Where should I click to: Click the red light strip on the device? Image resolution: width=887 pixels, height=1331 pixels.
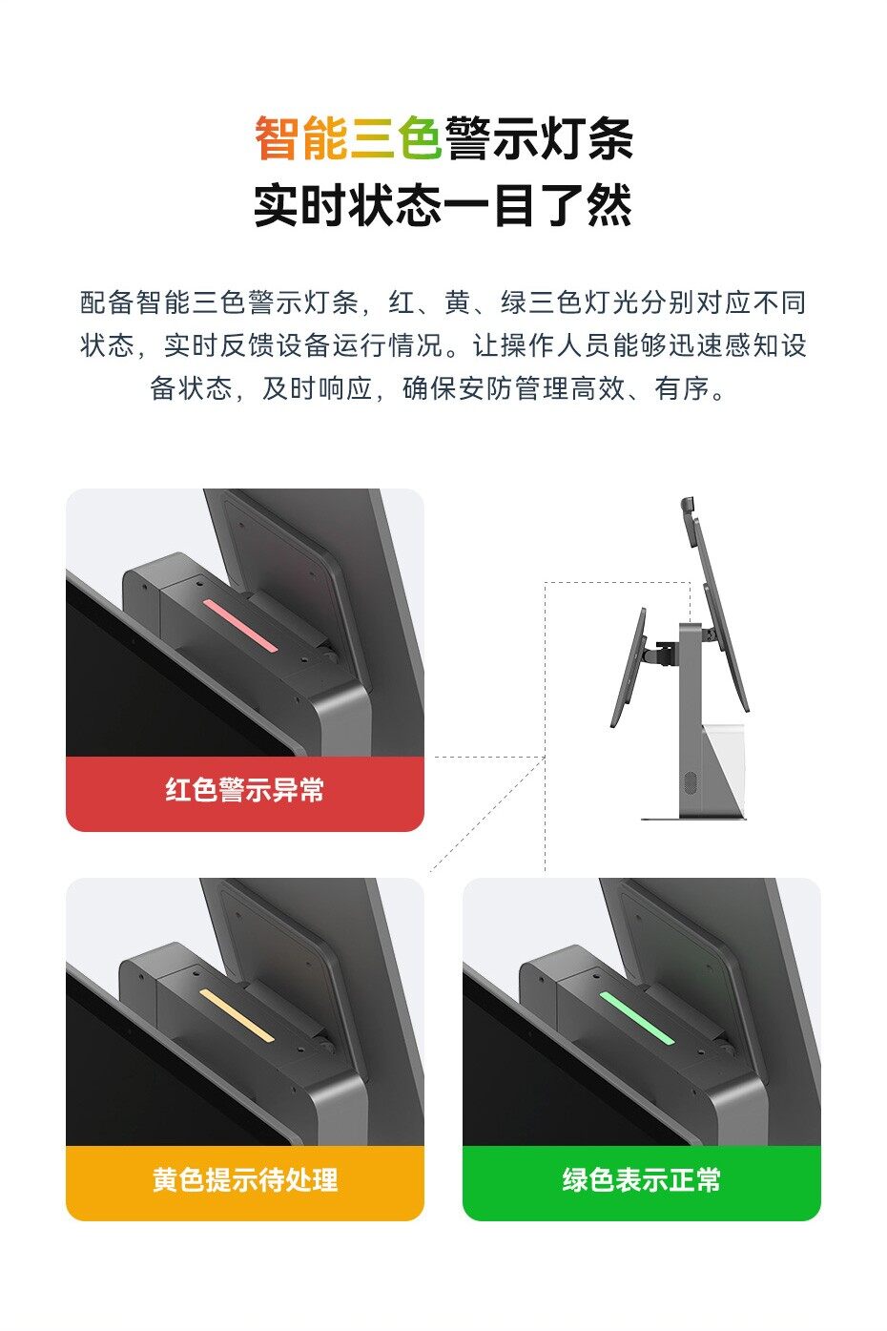pos(240,625)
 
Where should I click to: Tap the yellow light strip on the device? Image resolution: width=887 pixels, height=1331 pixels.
pos(237,1015)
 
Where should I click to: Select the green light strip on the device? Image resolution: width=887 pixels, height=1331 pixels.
pos(637,1017)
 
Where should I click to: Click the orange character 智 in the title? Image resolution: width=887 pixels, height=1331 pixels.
pos(278,138)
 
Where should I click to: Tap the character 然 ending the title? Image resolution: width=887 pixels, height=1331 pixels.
pos(609,205)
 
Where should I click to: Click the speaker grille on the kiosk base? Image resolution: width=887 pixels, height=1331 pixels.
pos(691,782)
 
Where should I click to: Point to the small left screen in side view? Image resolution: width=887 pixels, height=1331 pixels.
pos(629,667)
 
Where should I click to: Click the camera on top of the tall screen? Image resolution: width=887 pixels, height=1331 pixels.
pos(689,505)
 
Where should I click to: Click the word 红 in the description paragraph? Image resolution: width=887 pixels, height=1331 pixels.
pos(402,302)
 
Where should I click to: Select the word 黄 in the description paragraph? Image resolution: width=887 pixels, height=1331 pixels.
pos(458,302)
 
